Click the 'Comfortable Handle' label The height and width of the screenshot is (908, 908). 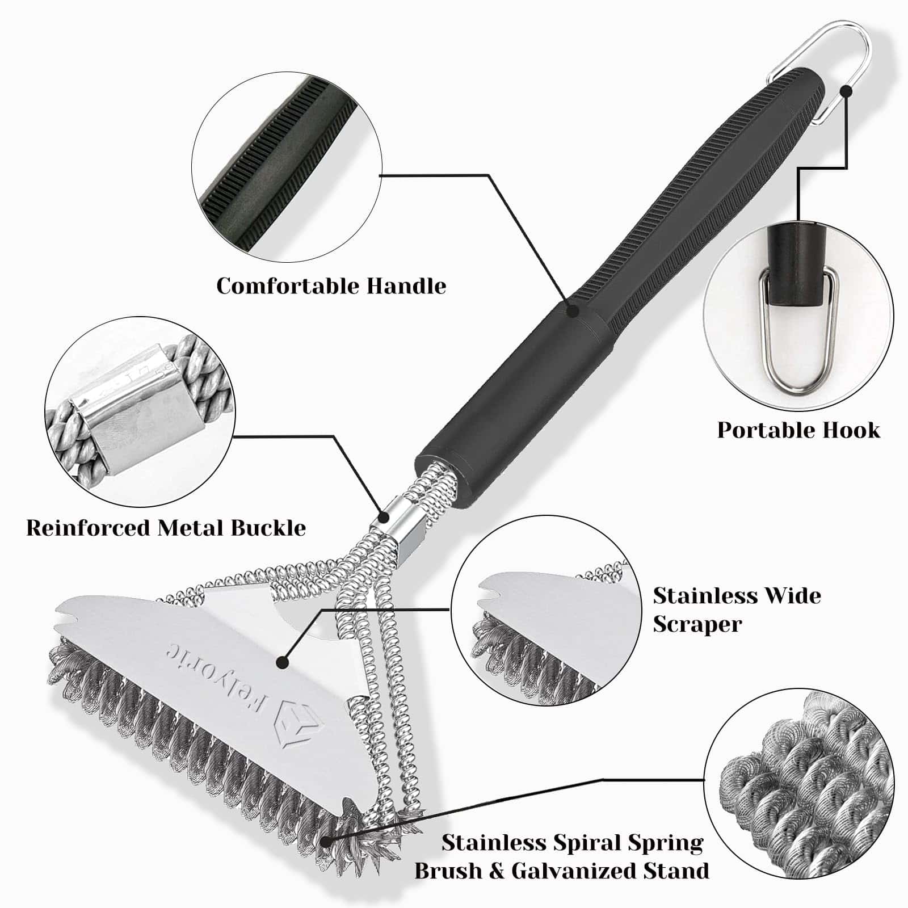pos(331,285)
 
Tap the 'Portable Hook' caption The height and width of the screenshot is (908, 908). pos(798,430)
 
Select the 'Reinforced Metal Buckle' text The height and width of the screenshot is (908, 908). pos(166,528)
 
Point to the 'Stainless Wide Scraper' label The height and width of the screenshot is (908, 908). pos(737,609)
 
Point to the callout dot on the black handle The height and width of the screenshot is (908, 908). pos(572,310)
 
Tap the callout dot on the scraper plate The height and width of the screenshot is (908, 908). pos(281,662)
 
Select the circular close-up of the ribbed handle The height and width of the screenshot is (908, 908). pos(286,168)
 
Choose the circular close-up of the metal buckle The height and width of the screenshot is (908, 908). pos(140,411)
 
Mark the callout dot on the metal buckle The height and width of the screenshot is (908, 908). pos(384,517)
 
